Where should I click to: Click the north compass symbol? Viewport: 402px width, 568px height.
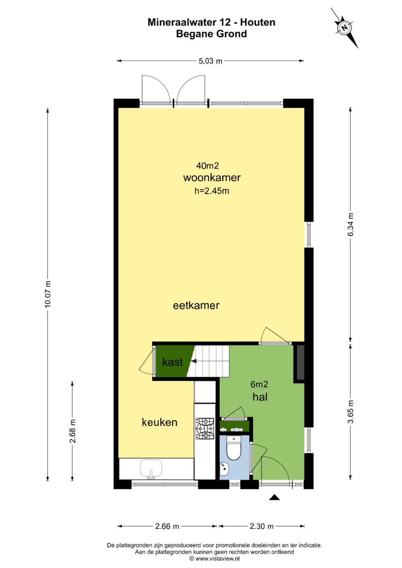pos(344,28)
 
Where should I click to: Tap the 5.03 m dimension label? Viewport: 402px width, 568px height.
pos(210,61)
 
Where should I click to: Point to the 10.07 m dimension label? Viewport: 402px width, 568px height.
pos(48,294)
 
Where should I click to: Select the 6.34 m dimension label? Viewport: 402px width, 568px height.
pos(351,225)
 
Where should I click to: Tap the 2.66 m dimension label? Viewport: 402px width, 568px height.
pos(167,527)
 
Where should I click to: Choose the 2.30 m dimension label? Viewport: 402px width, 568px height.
pos(261,527)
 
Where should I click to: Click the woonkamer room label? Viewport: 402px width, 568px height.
pos(212,177)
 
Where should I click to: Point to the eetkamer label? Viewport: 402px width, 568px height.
pos(196,305)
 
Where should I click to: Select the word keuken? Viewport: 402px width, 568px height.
pos(159,422)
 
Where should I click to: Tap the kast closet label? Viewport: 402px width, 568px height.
pos(173,362)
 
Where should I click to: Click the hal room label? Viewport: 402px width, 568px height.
pos(260,397)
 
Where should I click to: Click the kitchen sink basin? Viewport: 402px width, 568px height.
pos(151,468)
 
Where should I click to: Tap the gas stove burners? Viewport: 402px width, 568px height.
pos(205,429)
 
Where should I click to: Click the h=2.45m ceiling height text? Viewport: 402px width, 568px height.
pos(212,191)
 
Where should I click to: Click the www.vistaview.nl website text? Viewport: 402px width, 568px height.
pos(217,558)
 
